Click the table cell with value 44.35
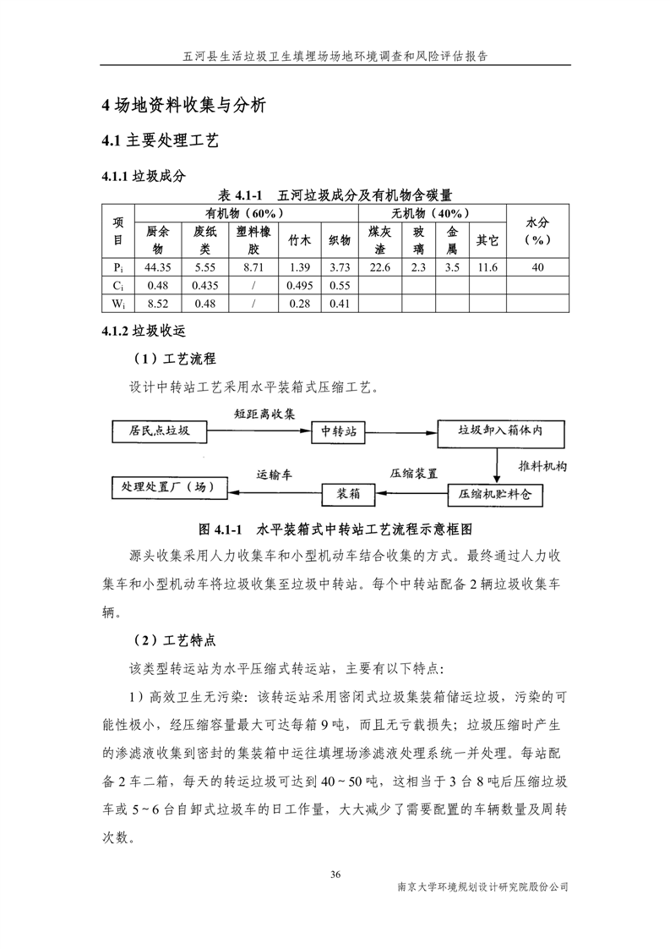tap(158, 268)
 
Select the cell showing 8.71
tap(253, 268)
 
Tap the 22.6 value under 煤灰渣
tap(380, 268)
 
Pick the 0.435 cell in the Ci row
tap(204, 286)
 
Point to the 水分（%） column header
tap(537, 231)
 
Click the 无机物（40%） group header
tap(433, 212)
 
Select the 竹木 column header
tap(299, 240)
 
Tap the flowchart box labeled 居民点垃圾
tap(160, 431)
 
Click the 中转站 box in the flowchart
tap(338, 431)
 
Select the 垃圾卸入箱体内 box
tap(499, 431)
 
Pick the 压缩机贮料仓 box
tap(494, 492)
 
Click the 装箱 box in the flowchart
tap(349, 492)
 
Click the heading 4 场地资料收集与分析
tap(184, 106)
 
